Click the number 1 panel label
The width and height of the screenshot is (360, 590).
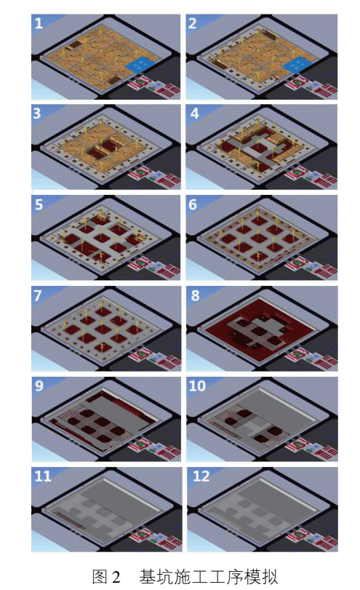[x=39, y=24]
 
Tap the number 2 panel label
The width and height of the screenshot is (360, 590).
[x=192, y=24]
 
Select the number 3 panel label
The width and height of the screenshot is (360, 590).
[x=36, y=113]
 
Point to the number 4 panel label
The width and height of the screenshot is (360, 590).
[x=194, y=113]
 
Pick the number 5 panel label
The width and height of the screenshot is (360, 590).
[x=39, y=204]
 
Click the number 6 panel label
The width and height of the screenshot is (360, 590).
[x=193, y=204]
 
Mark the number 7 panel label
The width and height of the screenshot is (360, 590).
[x=38, y=295]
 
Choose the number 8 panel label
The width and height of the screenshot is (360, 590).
[x=195, y=295]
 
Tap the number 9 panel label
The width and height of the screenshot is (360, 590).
[x=39, y=386]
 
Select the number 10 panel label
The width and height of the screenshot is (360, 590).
[x=197, y=386]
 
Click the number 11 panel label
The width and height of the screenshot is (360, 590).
[x=42, y=477]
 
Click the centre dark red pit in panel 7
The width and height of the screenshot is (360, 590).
[x=103, y=329]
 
